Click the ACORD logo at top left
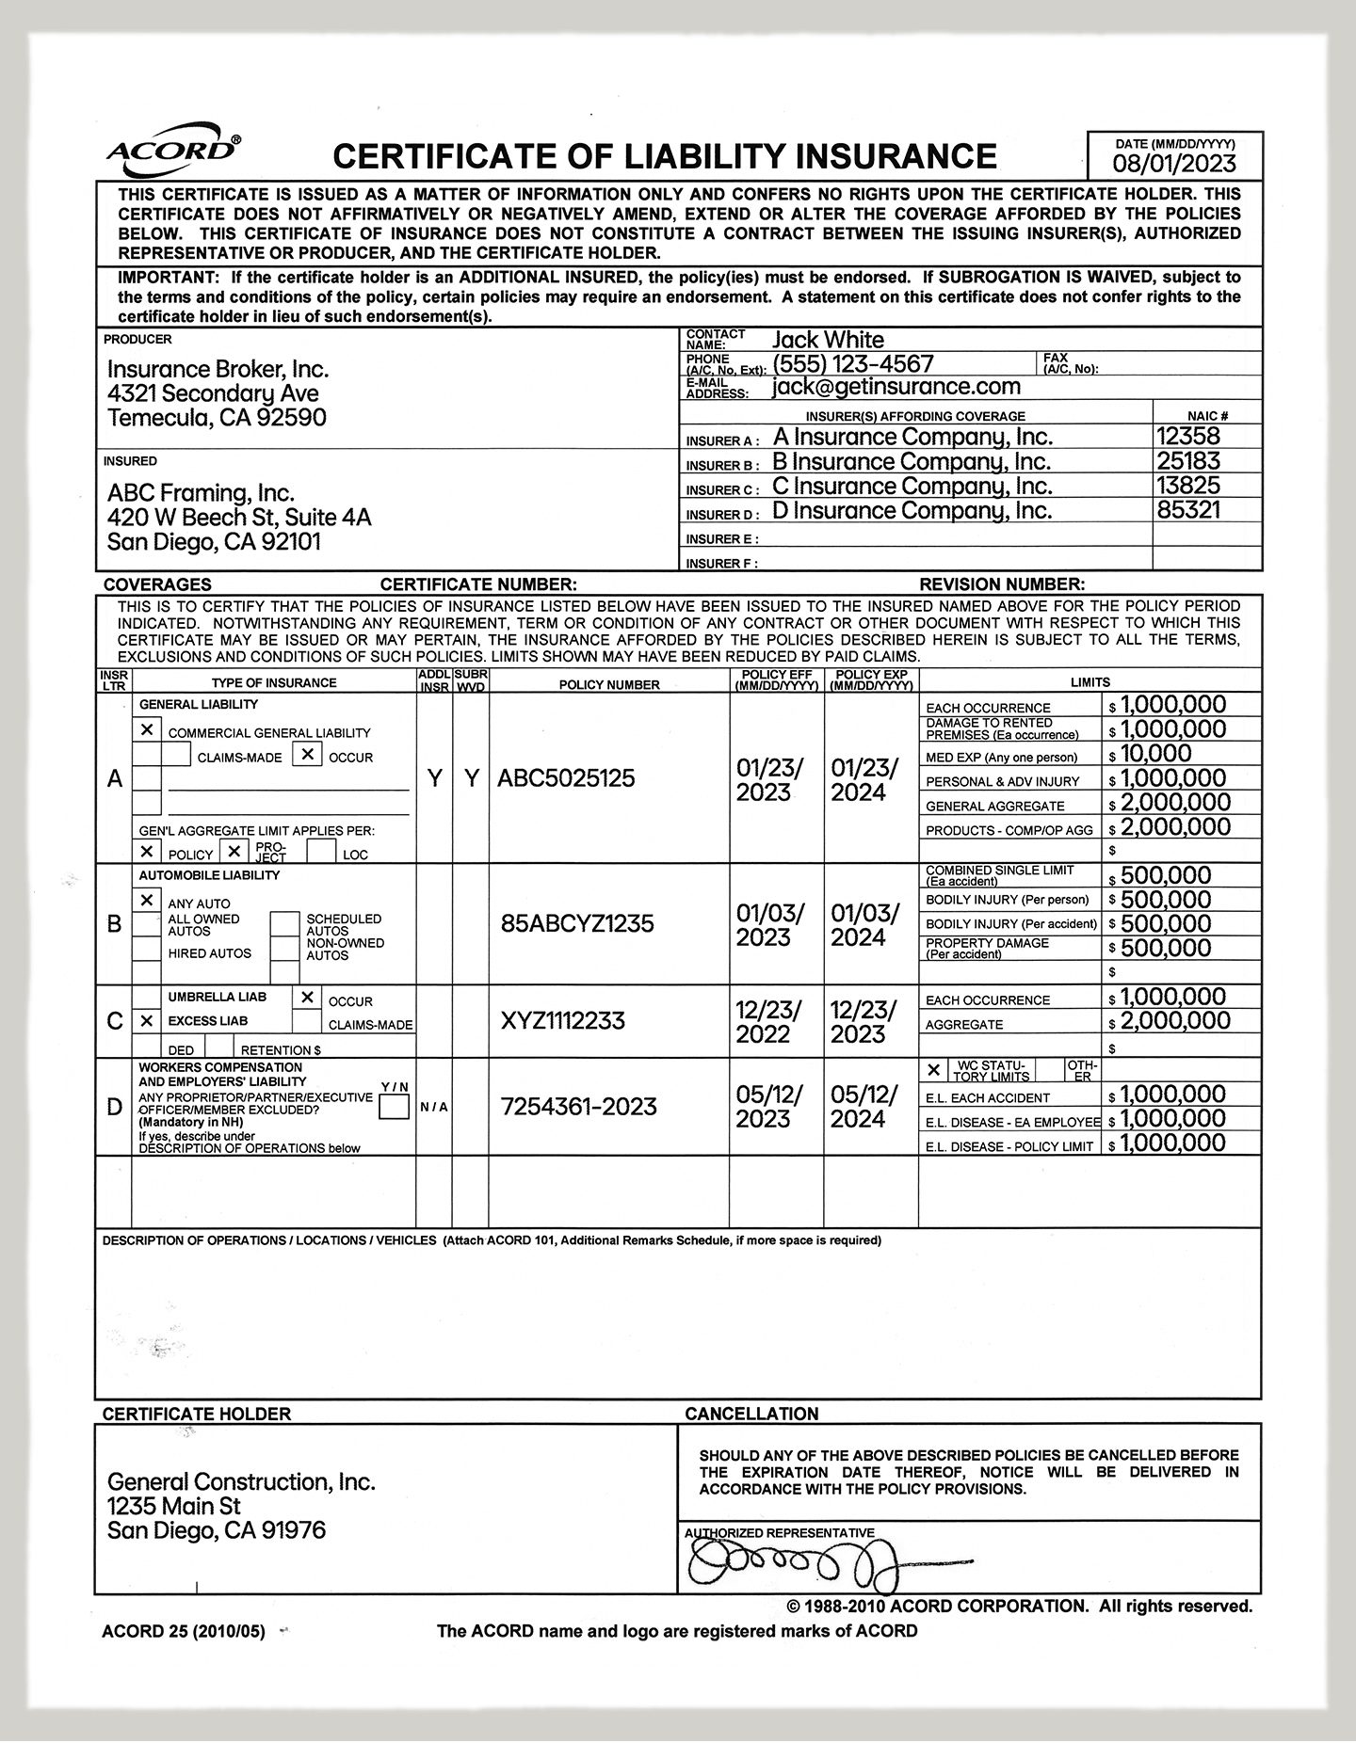click(x=172, y=150)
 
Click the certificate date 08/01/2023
click(x=1173, y=163)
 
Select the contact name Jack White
click(x=828, y=340)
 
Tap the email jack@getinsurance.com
click(x=896, y=387)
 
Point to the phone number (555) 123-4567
click(x=852, y=364)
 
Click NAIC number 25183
click(x=1188, y=461)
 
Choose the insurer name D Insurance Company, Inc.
click(x=912, y=511)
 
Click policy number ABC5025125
click(x=566, y=778)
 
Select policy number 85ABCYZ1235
click(x=577, y=923)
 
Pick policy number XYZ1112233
click(x=562, y=1021)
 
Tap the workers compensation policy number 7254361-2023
click(x=578, y=1107)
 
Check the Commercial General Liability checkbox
click(x=147, y=730)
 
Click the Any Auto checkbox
click(x=147, y=901)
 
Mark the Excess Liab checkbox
click(x=147, y=1021)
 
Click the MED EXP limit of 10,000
click(x=1155, y=754)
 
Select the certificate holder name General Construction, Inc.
click(x=241, y=1482)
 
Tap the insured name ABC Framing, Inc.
click(x=201, y=493)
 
